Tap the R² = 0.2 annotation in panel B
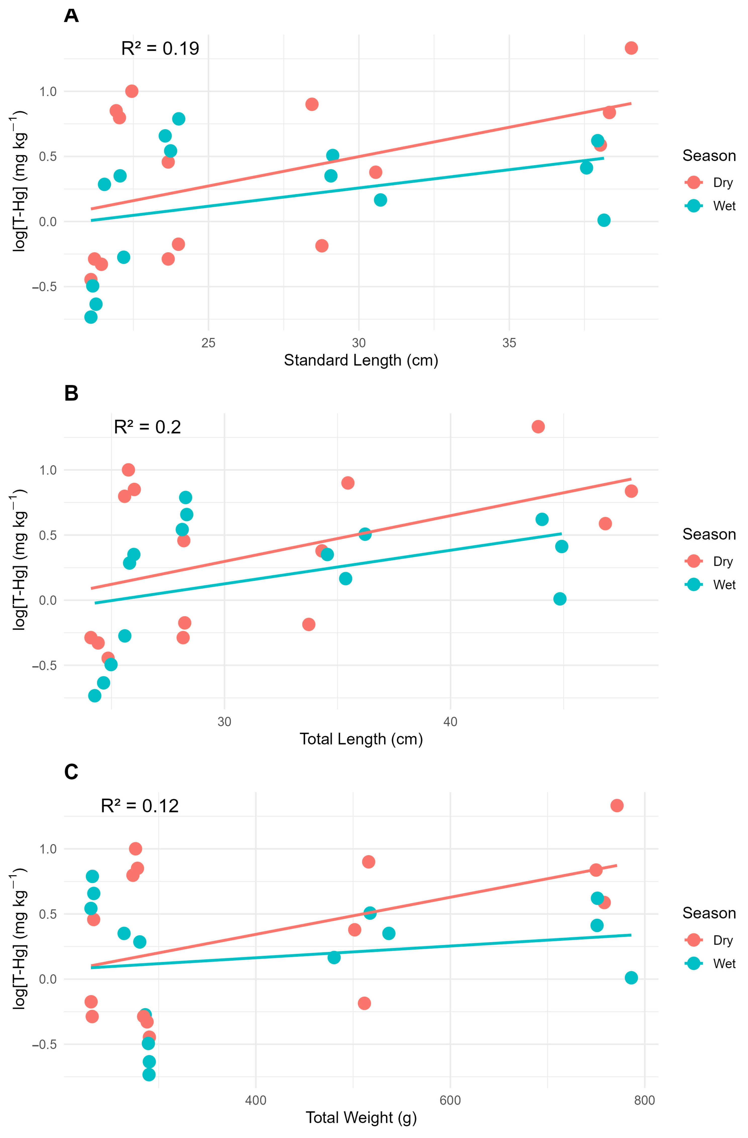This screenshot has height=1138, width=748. click(x=147, y=427)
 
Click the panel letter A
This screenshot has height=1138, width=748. click(x=71, y=16)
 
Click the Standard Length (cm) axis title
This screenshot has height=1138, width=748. click(x=361, y=360)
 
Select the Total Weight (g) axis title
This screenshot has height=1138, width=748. click(x=361, y=1117)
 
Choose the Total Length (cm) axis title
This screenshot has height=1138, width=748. click(x=361, y=739)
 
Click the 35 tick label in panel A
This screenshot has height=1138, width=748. click(x=509, y=343)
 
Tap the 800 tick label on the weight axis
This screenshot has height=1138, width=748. click(x=644, y=1100)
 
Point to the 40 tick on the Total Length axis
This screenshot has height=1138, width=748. click(x=450, y=722)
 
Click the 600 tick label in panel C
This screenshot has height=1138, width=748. click(x=450, y=1100)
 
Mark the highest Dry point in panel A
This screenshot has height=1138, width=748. click(x=631, y=48)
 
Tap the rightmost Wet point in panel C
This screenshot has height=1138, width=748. click(x=631, y=978)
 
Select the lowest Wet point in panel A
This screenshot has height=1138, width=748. click(x=91, y=317)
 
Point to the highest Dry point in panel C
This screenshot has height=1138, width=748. click(x=617, y=806)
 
